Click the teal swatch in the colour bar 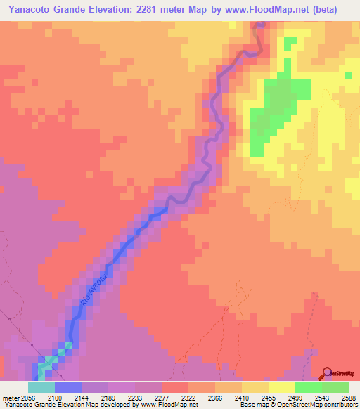(x=41, y=388)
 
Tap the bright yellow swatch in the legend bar (x=282, y=388)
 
